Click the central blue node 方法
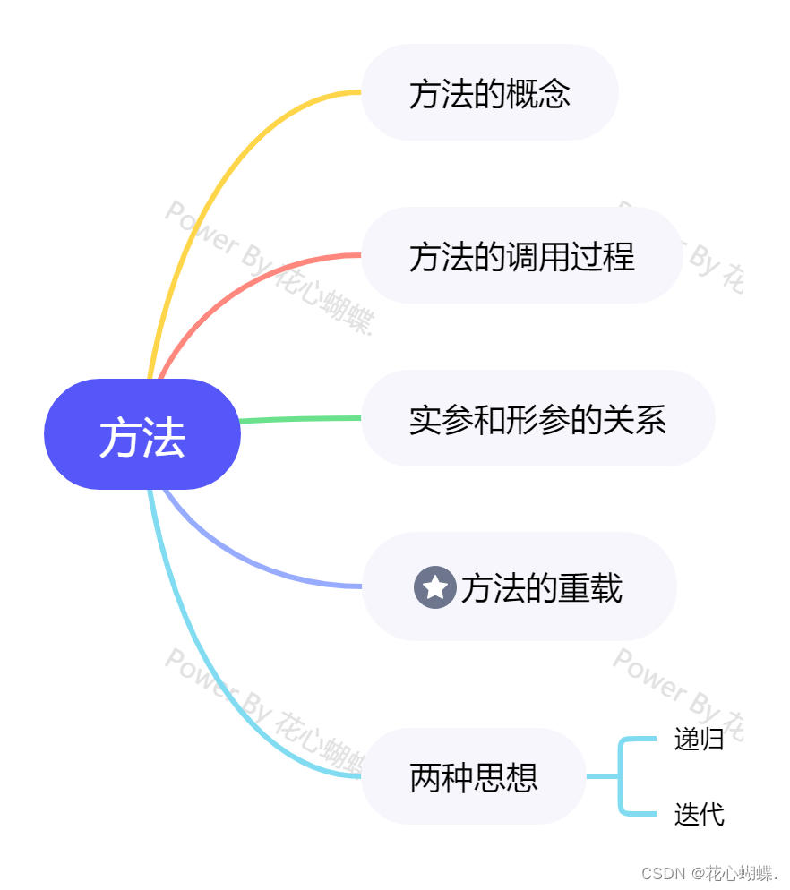[x=142, y=435]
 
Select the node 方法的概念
[x=489, y=93]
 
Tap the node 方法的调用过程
[x=521, y=256]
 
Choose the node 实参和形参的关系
[x=537, y=419]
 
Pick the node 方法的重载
[x=520, y=587]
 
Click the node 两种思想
[x=474, y=776]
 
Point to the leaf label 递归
[x=699, y=740]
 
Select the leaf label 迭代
[x=699, y=814]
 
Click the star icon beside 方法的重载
[x=435, y=587]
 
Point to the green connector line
[x=300, y=419]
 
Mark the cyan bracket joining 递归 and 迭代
[x=620, y=776]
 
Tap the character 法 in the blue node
[x=164, y=438]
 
